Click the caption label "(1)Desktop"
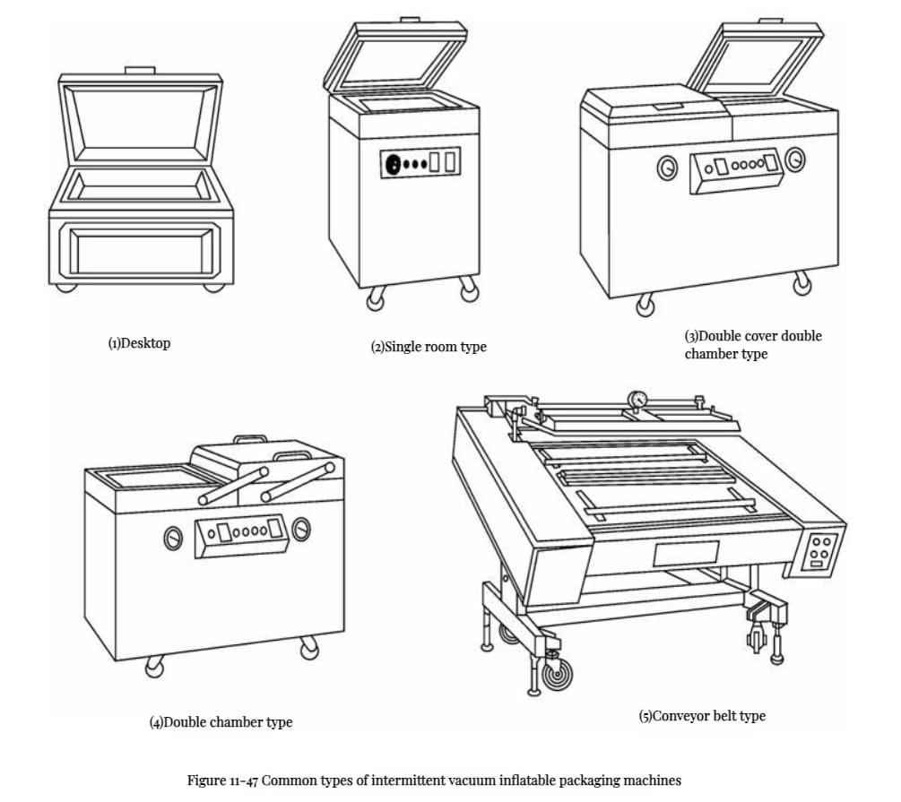(139, 343)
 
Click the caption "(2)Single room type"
(429, 347)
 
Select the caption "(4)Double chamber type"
(221, 721)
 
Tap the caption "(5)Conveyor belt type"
(702, 716)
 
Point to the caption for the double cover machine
(752, 345)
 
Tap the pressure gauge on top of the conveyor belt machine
(638, 398)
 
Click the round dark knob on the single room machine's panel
(391, 164)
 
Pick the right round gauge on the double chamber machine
(302, 530)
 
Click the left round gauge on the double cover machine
(665, 168)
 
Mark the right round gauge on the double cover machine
(795, 161)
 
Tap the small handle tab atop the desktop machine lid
(140, 70)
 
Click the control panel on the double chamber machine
(240, 535)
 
